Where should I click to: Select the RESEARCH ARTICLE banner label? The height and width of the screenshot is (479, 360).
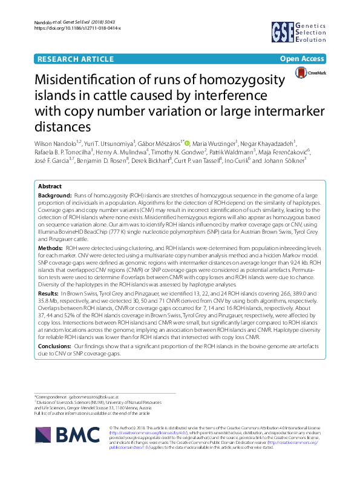[x=76, y=59]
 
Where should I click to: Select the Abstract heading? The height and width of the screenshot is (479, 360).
[x=50, y=187]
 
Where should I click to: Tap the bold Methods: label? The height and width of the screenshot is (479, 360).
[x=51, y=248]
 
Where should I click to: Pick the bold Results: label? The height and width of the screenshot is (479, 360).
[x=50, y=292]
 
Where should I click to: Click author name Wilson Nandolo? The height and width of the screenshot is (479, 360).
[x=59, y=143]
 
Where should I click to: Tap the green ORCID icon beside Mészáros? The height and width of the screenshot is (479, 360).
[x=188, y=143]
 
